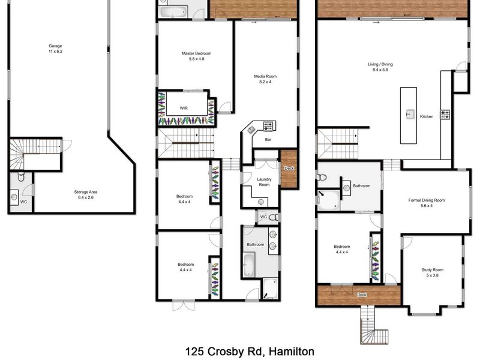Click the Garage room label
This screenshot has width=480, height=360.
click(55, 46)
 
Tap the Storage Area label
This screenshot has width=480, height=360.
click(86, 192)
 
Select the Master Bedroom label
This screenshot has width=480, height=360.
click(197, 53)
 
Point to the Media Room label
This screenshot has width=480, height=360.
click(265, 76)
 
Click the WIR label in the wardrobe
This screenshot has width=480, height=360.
click(184, 108)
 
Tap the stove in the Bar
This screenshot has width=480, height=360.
click(268, 126)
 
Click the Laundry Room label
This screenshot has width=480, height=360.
click(264, 182)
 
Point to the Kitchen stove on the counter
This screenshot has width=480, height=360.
click(445, 115)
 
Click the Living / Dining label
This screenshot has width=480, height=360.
click(380, 64)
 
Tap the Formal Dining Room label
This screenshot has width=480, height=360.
click(427, 200)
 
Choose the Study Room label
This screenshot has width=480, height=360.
click(432, 269)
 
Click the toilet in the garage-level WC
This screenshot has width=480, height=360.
click(21, 176)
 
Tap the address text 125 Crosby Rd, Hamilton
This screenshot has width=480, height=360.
click(250, 351)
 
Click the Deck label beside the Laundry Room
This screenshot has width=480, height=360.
click(289, 169)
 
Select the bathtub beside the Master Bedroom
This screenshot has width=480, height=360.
click(173, 12)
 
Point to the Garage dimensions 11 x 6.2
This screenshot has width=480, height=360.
click(55, 52)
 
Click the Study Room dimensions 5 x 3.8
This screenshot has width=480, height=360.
click(432, 275)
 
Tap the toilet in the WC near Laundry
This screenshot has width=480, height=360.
click(274, 217)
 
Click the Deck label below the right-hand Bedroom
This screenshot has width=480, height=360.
click(362, 295)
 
